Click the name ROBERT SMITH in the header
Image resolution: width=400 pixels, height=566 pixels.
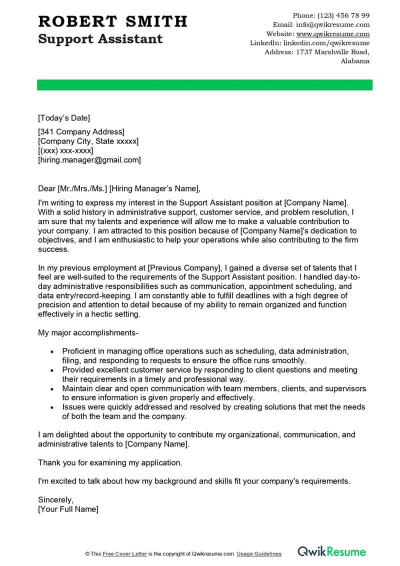(112, 21)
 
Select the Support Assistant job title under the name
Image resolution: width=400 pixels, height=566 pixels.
(100, 39)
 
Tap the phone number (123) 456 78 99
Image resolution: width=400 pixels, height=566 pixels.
(344, 15)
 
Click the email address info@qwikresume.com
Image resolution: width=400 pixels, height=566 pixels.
(332, 24)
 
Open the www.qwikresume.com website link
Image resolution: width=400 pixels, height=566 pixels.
(332, 34)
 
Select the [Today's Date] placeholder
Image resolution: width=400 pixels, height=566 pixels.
(64, 118)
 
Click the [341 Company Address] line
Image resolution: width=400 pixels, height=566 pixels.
(81, 132)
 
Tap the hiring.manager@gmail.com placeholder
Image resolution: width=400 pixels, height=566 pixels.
(89, 160)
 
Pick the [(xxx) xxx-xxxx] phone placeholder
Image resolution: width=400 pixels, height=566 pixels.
(65, 150)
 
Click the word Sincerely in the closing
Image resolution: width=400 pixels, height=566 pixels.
(55, 499)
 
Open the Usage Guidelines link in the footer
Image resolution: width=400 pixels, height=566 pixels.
(259, 553)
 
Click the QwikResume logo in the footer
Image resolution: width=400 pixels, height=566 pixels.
(331, 552)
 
